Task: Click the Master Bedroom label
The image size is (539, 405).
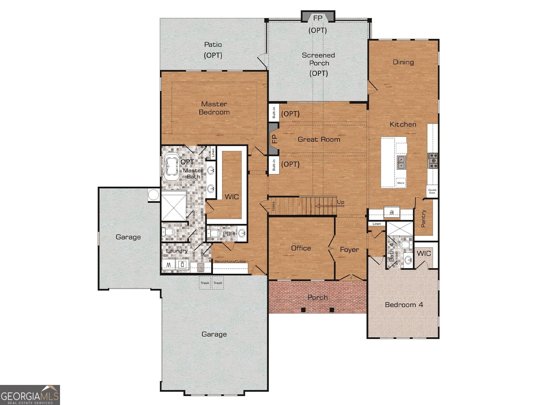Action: tap(214, 108)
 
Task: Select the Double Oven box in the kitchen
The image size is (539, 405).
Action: tap(432, 191)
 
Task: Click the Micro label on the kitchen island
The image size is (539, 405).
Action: tap(401, 183)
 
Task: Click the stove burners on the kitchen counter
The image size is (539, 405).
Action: tap(433, 161)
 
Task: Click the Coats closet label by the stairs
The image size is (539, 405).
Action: tap(273, 206)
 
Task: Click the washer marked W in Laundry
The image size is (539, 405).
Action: tap(169, 264)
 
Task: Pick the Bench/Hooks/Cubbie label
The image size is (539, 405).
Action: tap(230, 261)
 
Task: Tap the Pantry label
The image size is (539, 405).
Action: tap(423, 218)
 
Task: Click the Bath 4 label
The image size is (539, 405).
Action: tap(392, 252)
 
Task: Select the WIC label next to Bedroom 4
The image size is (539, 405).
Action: tap(424, 253)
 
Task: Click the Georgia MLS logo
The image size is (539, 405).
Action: tap(30, 395)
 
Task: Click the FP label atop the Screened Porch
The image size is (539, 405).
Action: tap(318, 18)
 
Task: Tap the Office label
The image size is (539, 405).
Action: tap(301, 248)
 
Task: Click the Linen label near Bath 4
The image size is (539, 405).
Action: tap(377, 224)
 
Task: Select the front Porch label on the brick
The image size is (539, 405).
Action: tap(318, 297)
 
